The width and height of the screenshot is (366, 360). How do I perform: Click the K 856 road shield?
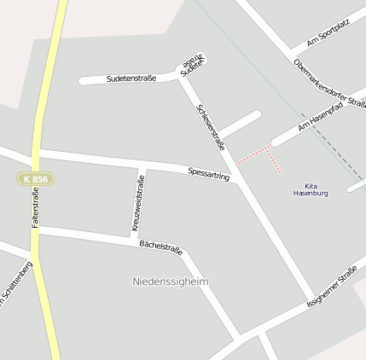(x=35, y=179)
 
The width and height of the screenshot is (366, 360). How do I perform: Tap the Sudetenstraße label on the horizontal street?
(x=131, y=78)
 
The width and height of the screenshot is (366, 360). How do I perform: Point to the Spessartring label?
(x=209, y=173)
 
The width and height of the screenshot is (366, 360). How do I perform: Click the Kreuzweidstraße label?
(x=137, y=203)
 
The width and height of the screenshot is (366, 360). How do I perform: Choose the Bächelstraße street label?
(x=161, y=247)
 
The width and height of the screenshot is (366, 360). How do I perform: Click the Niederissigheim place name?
(x=171, y=281)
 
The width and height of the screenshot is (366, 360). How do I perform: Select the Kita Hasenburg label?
(x=311, y=189)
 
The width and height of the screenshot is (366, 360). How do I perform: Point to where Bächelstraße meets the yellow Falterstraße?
(x=36, y=229)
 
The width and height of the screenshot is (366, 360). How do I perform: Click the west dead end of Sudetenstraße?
(x=83, y=81)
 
